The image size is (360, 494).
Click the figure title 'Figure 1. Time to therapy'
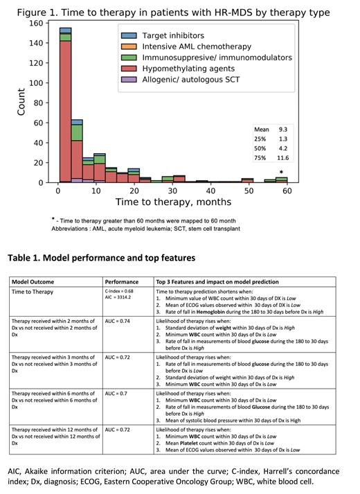click(173, 12)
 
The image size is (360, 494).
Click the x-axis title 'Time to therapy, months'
click(173, 202)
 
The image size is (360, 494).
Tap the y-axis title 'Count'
click(21, 102)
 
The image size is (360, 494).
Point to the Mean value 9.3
click(282, 130)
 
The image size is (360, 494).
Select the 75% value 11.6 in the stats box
click(282, 159)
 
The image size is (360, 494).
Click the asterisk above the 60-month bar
click(281, 173)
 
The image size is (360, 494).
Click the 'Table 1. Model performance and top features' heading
click(102, 258)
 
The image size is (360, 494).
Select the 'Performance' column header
click(121, 282)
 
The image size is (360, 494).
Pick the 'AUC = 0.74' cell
click(119, 321)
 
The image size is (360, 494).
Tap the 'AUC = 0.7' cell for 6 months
click(118, 393)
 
